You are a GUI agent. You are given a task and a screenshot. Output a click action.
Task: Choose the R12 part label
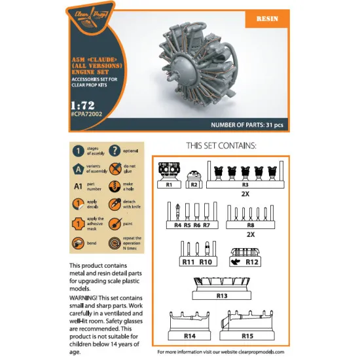pyautogui.click(x=251, y=262)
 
